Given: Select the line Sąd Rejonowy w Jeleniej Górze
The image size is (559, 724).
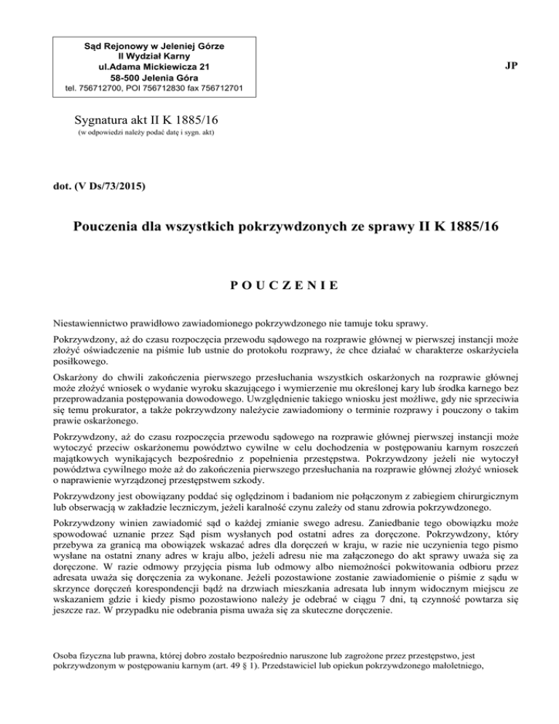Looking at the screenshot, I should [151, 46].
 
